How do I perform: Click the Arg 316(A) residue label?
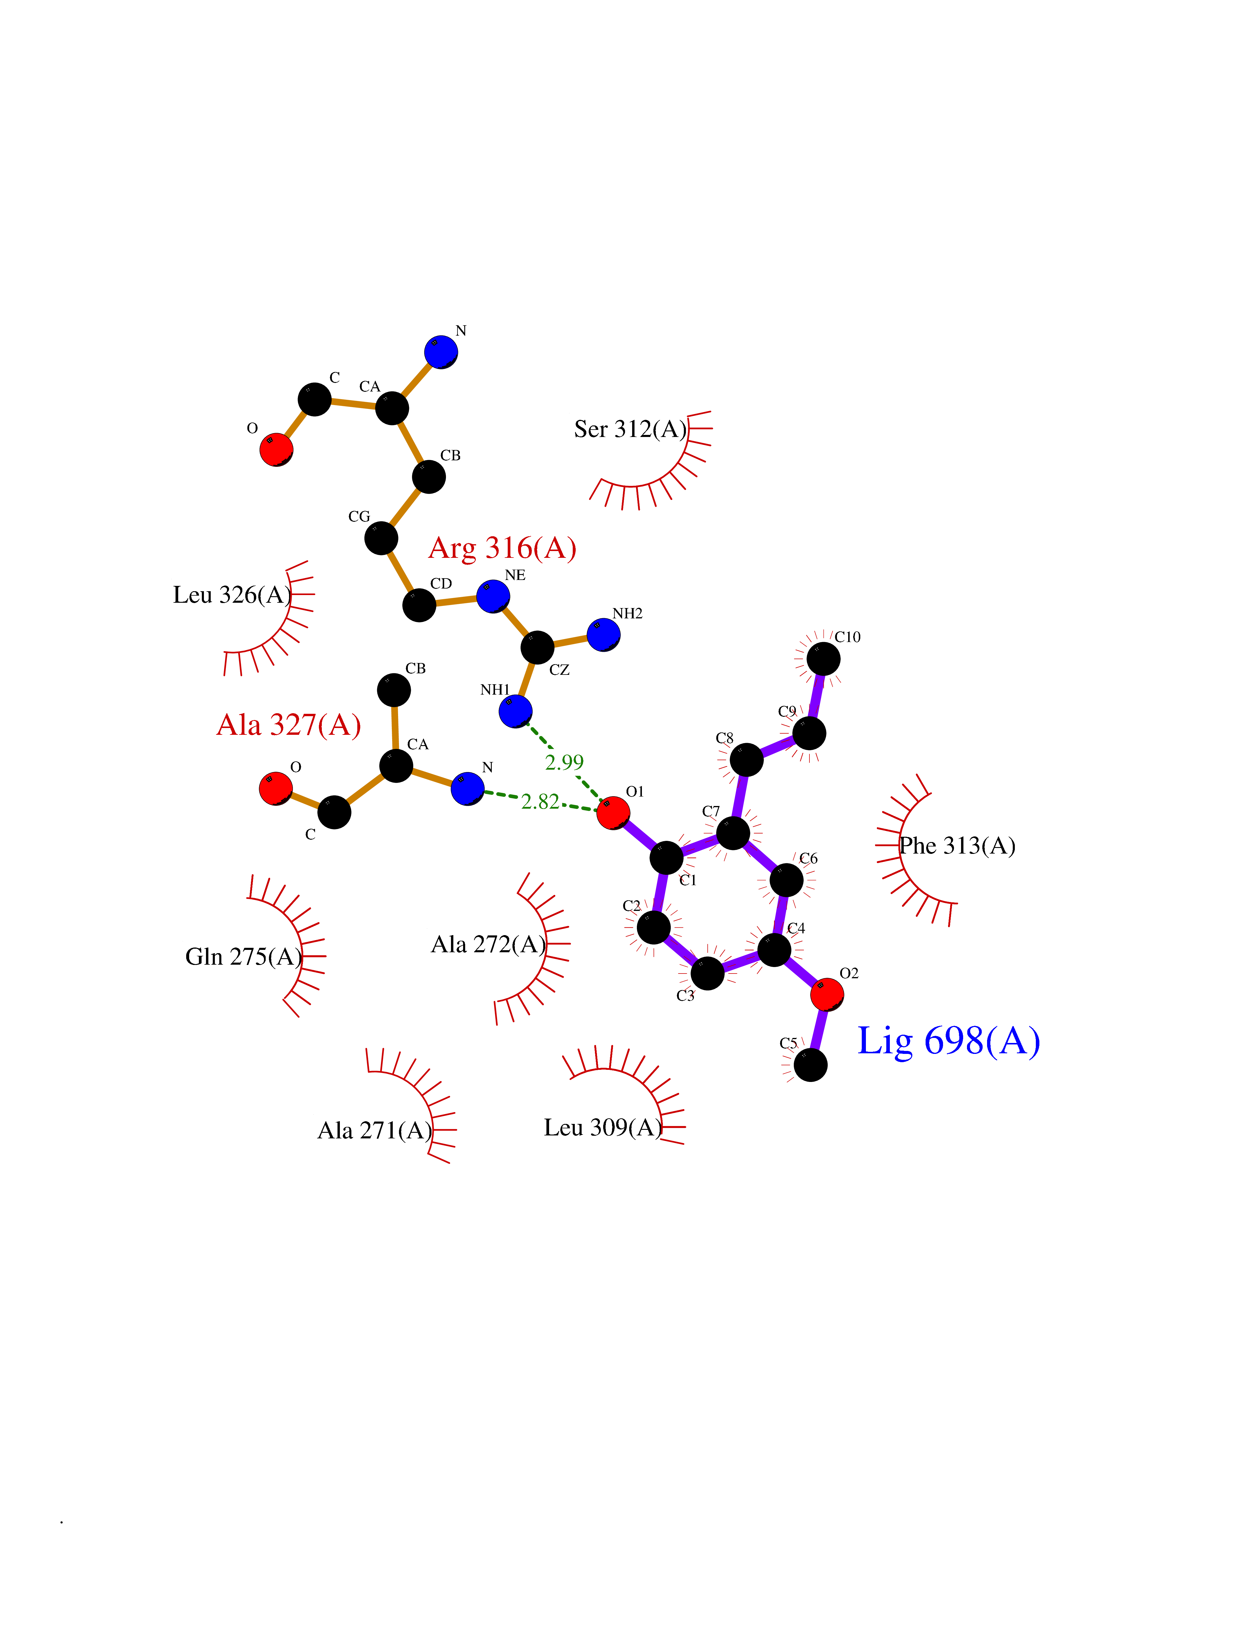point(502,548)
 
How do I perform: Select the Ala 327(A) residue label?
point(289,725)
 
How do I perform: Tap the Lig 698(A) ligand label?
point(949,1041)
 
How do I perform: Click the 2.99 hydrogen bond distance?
point(564,762)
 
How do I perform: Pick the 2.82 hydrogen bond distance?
point(540,801)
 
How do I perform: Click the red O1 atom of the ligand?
point(613,812)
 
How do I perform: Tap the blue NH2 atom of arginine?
point(603,635)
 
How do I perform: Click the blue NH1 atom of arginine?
point(516,711)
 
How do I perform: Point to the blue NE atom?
point(493,596)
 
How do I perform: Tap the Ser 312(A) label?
point(630,429)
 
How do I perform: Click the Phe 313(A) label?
point(958,846)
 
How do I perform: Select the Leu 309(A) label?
point(603,1128)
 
